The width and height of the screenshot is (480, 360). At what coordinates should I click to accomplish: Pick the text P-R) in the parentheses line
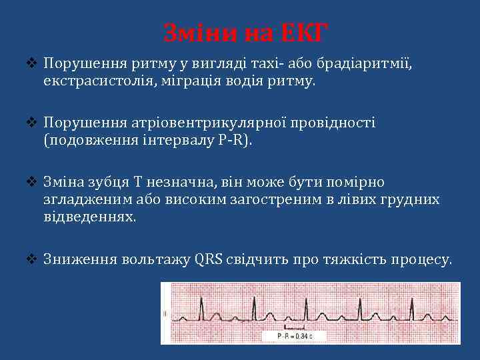click(x=239, y=141)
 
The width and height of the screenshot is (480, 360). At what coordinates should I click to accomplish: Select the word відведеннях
click(x=90, y=217)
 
